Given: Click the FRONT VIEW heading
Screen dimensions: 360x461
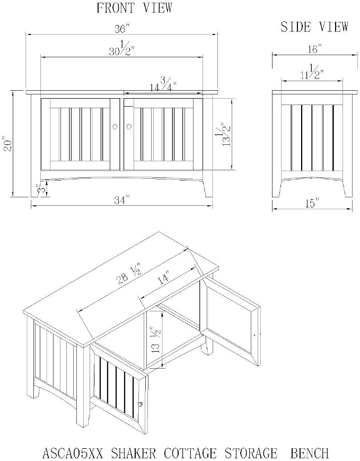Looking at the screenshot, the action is point(134,7).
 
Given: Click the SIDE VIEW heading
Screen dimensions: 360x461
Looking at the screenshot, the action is point(314,27).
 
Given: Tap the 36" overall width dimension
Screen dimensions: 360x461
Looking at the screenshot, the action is point(121,29).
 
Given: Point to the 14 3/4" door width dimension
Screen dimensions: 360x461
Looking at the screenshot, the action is point(163,84).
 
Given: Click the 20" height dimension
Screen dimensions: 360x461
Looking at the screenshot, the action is point(7,144).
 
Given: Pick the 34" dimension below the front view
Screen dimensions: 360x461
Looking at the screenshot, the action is point(121,200).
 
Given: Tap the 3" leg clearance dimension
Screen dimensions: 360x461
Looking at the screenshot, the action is point(39,188).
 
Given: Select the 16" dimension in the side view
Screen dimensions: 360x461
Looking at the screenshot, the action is point(314,49).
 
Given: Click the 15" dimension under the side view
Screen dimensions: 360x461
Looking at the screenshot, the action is point(312,203).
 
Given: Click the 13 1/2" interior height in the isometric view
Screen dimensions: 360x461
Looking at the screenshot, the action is point(156,338).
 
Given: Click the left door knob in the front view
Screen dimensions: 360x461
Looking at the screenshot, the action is point(115,126).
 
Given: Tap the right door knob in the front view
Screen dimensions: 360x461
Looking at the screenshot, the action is point(129,126).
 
